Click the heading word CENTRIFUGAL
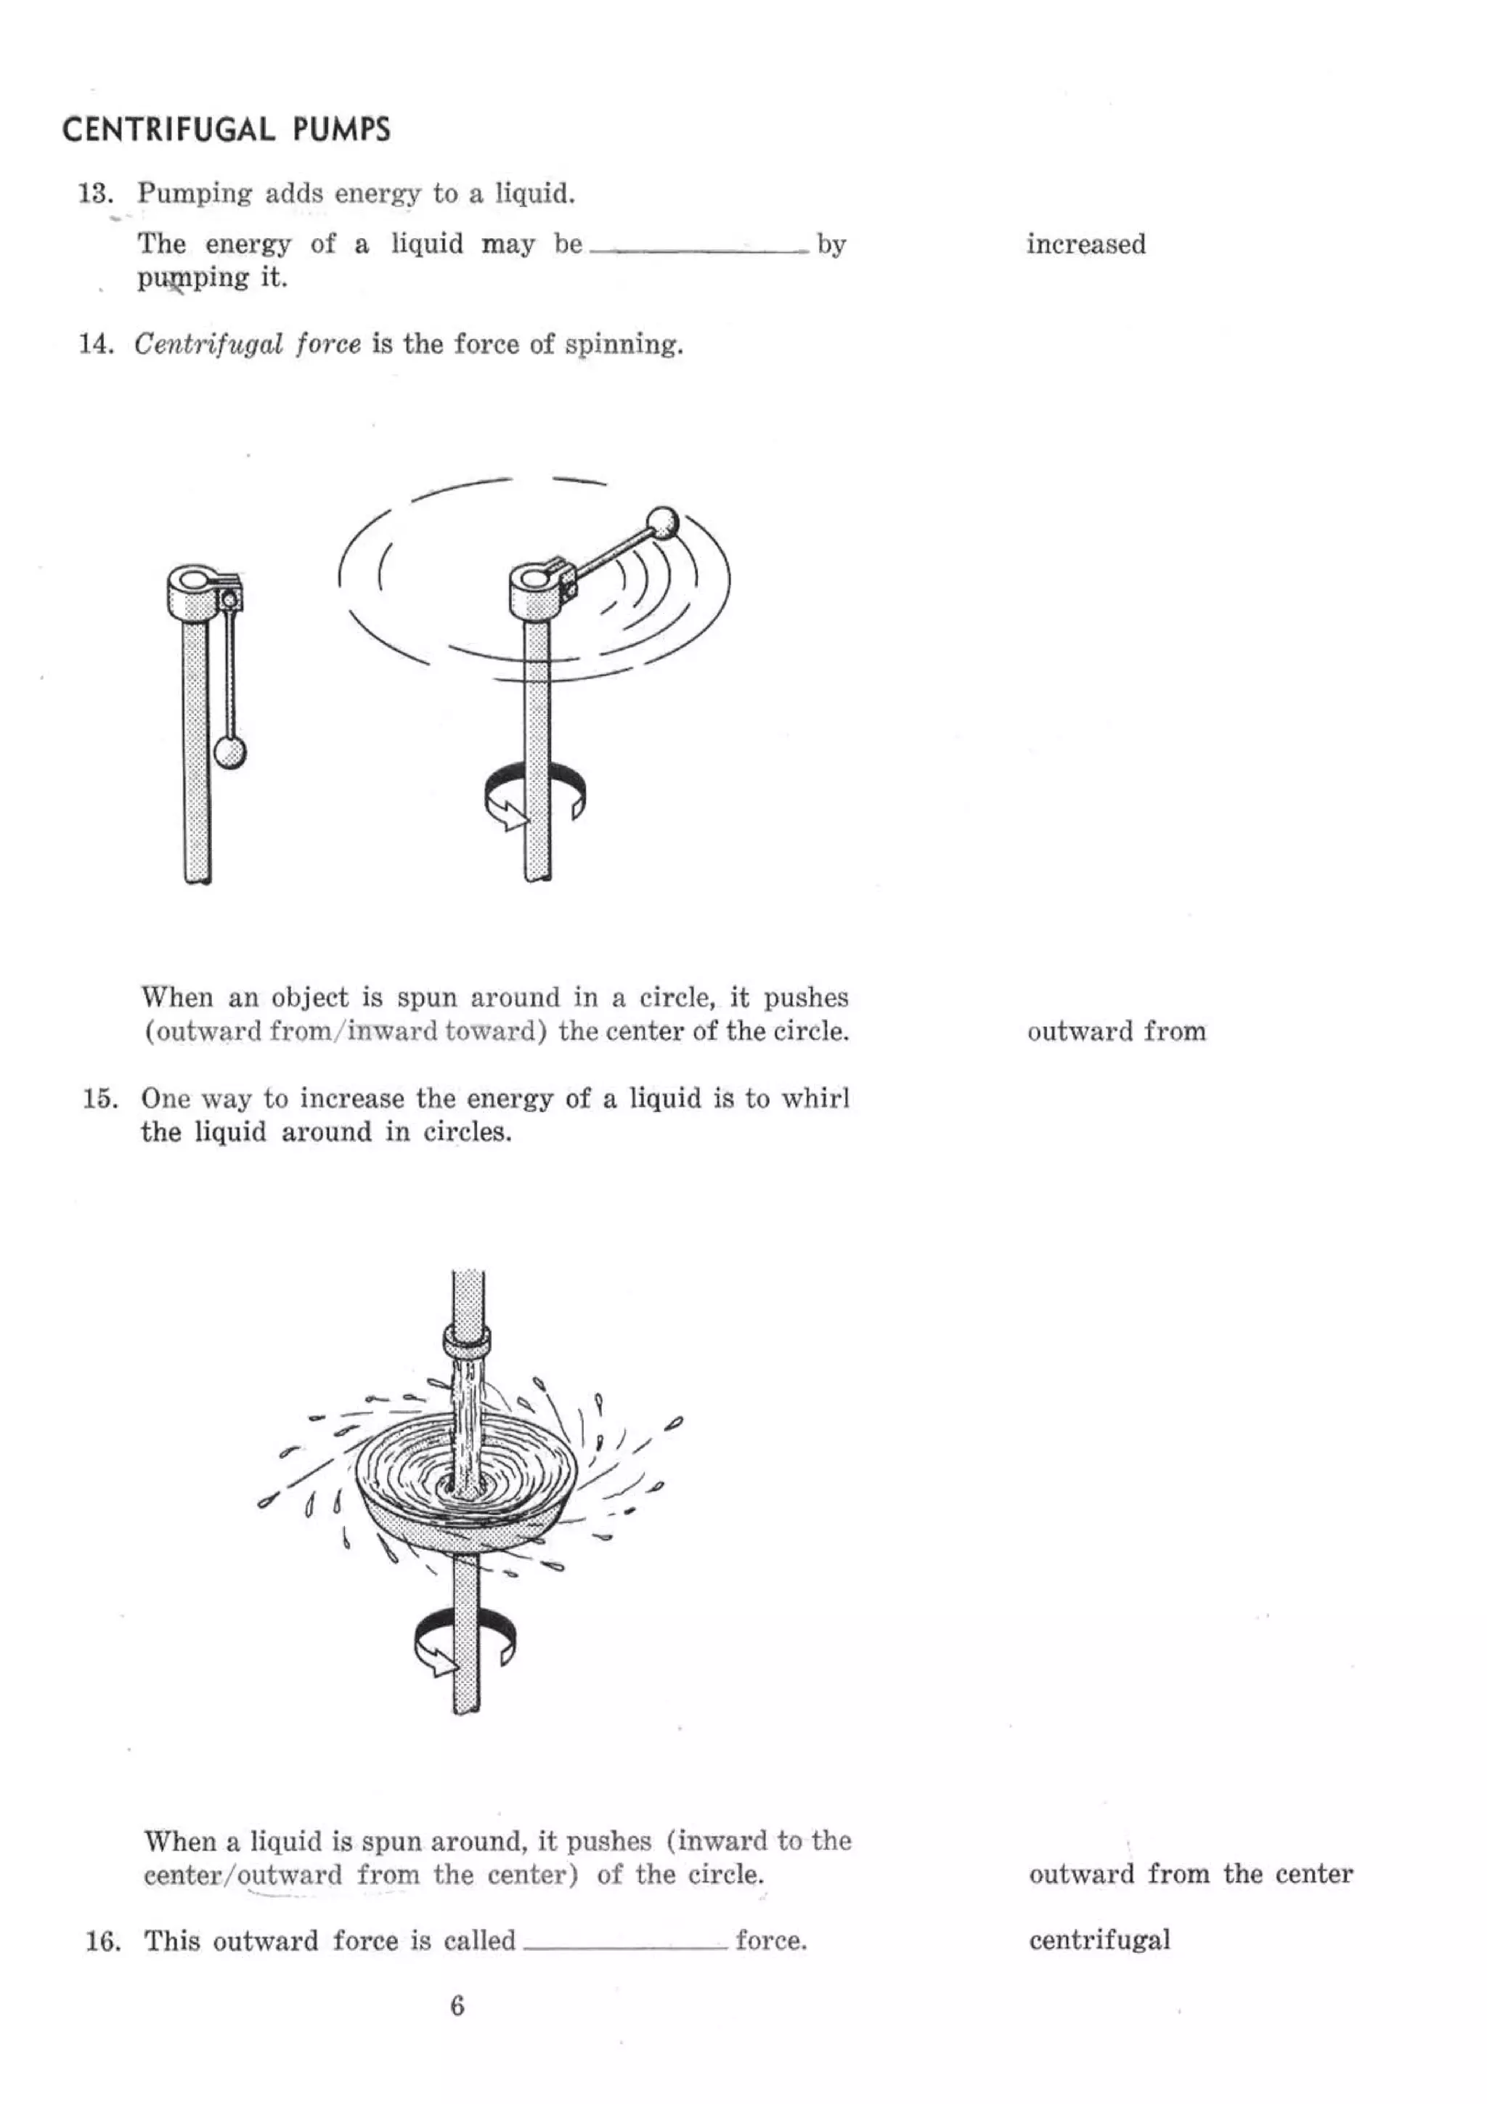point(168,129)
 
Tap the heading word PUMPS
point(342,129)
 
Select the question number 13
point(94,193)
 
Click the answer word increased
point(1085,245)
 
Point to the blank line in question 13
point(699,249)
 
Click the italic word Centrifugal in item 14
point(208,344)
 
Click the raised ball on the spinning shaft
point(661,523)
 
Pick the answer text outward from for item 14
point(1116,1032)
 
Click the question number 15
point(99,1099)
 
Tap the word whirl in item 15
point(815,1099)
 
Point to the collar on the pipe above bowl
point(468,1342)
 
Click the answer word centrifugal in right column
point(1099,1940)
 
